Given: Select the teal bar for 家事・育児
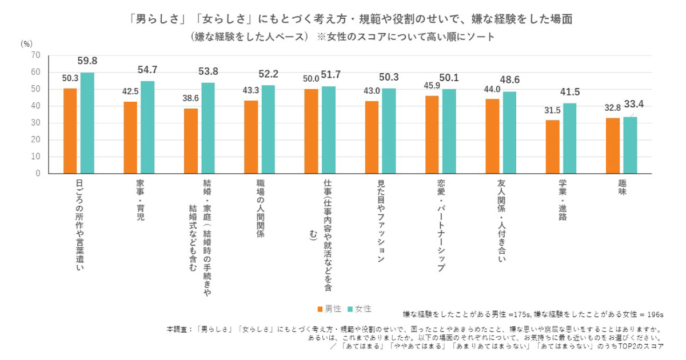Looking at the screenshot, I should pyautogui.click(x=147, y=127).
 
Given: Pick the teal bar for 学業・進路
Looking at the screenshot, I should pyautogui.click(x=570, y=138).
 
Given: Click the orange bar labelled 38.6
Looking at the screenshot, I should pyautogui.click(x=191, y=141).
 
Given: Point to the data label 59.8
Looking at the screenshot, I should pyautogui.click(x=87, y=61).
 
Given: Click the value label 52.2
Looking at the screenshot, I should pyautogui.click(x=269, y=74).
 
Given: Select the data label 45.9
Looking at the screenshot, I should pyautogui.click(x=432, y=85).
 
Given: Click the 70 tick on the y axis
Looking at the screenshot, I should pyautogui.click(x=36, y=55).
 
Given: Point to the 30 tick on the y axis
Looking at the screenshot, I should pyautogui.click(x=36, y=122).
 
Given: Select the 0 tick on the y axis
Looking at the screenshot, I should pyautogui.click(x=38, y=173).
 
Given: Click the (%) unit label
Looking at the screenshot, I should pyautogui.click(x=26, y=43).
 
